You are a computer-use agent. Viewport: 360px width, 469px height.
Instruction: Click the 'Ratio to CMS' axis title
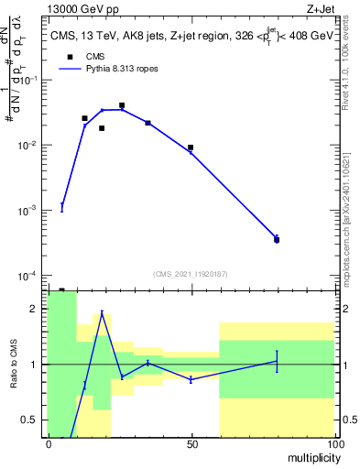[x=13, y=365]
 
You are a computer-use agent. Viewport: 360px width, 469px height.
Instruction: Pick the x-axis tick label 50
[x=191, y=444]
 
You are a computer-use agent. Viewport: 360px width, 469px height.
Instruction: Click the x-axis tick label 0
[x=49, y=444]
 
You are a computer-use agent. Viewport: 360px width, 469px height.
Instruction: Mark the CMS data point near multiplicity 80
[x=277, y=240]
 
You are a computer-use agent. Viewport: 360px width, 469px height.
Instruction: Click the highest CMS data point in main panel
[x=122, y=105]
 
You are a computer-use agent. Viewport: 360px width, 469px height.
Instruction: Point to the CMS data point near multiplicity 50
[x=191, y=147]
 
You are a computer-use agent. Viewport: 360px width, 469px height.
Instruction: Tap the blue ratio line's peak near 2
[x=102, y=313]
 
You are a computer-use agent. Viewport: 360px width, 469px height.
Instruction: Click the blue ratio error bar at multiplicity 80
[x=277, y=361]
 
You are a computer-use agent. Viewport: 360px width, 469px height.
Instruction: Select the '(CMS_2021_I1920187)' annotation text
[x=191, y=274]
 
